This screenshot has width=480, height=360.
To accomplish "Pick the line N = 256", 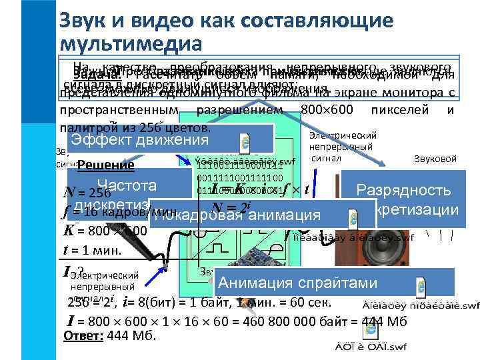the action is (x=81, y=193).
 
